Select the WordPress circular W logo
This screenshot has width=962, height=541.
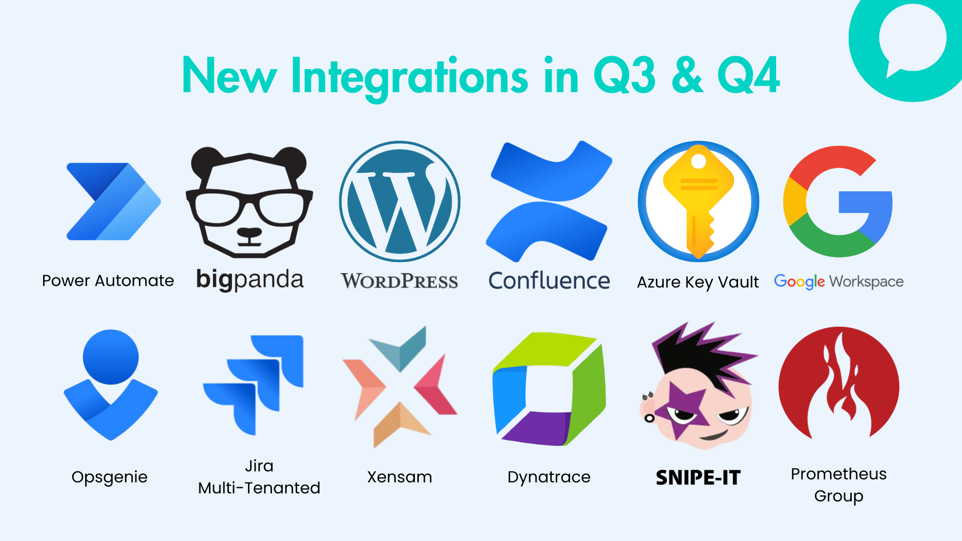pos(400,201)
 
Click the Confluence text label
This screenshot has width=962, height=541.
pos(549,281)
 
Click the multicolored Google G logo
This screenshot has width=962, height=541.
pos(838,201)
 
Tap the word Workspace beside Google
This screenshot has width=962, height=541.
pos(866,282)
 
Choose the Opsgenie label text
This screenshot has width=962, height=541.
pos(110,477)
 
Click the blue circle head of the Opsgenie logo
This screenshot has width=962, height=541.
pos(110,357)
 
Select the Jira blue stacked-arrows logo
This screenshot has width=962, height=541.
pos(254,385)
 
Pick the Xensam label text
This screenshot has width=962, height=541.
pos(399,477)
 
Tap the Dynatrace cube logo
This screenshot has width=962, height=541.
pos(549,389)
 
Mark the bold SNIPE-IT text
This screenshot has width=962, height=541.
pos(698,477)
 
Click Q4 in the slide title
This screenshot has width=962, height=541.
pos(749,75)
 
